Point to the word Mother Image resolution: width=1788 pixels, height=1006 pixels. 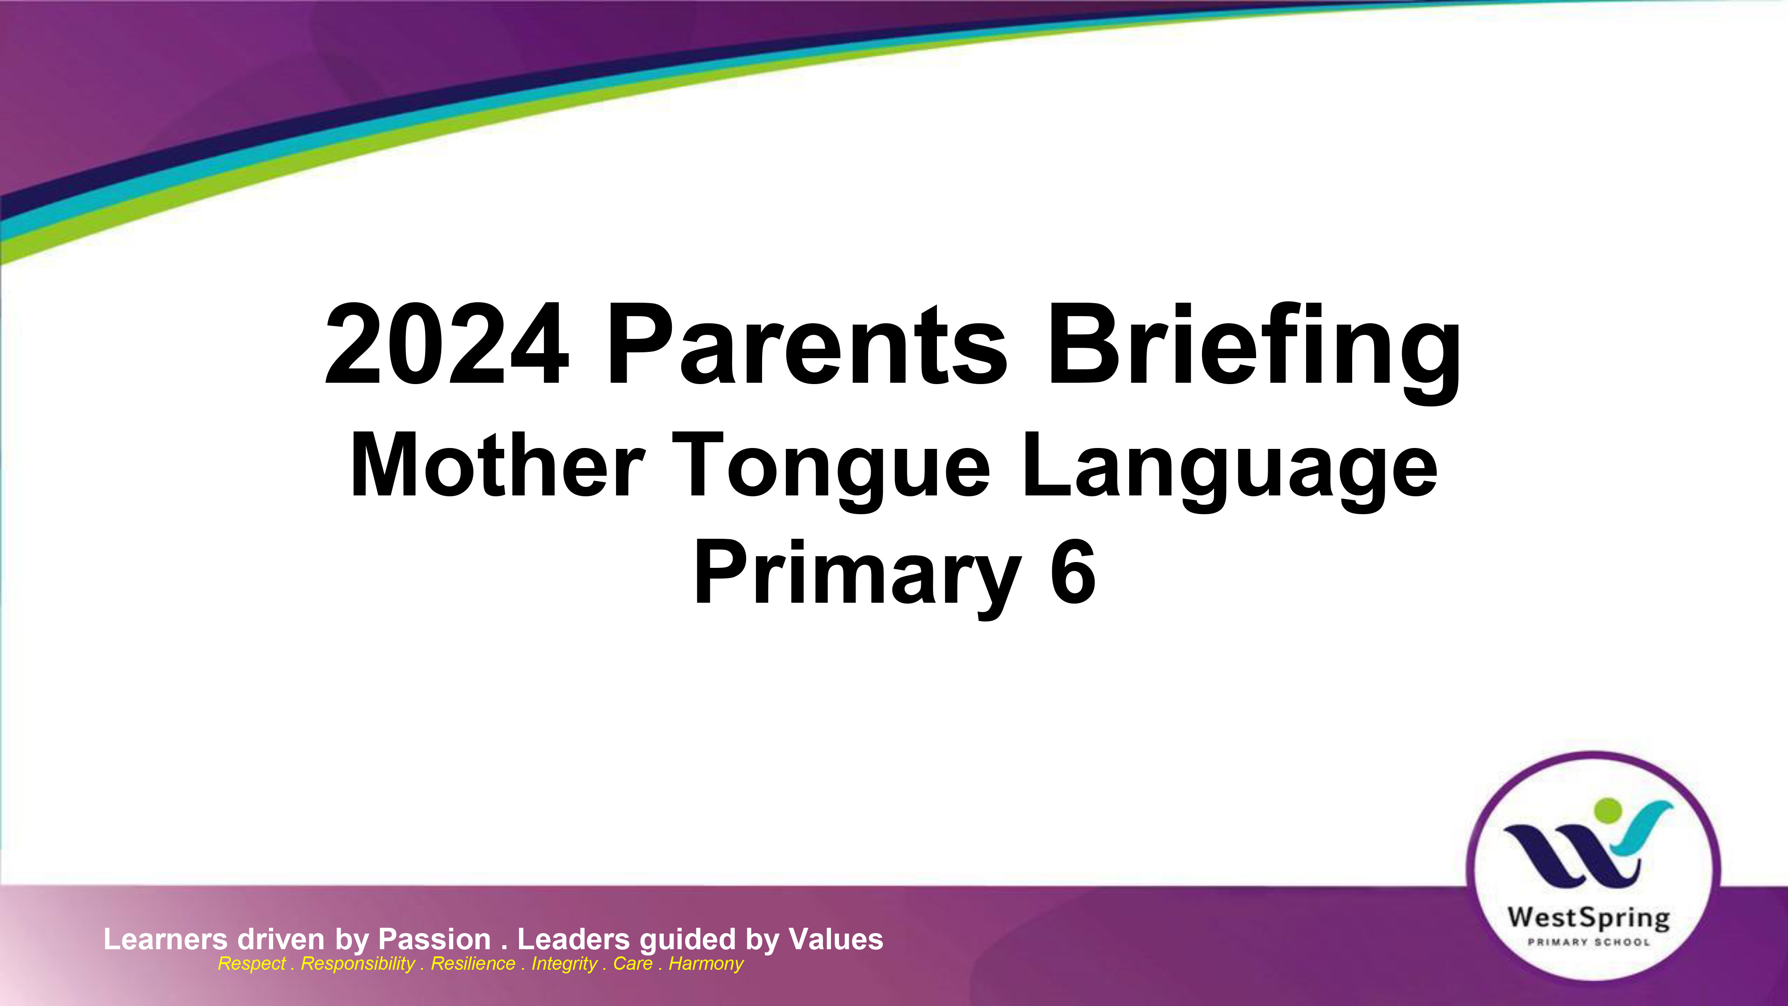pos(498,465)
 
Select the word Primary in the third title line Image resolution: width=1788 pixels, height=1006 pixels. pos(857,578)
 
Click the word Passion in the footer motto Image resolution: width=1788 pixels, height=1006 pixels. pos(434,939)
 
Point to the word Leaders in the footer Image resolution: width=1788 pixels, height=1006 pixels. pos(574,939)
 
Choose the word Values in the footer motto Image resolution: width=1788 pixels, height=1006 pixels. pos(836,939)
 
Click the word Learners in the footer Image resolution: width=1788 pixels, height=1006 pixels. pos(165,939)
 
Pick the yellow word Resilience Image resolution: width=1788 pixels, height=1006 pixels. pos(472,964)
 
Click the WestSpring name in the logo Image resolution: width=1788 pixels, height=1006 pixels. pos(1589,918)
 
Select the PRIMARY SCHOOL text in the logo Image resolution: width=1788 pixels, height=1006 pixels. pos(1589,942)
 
